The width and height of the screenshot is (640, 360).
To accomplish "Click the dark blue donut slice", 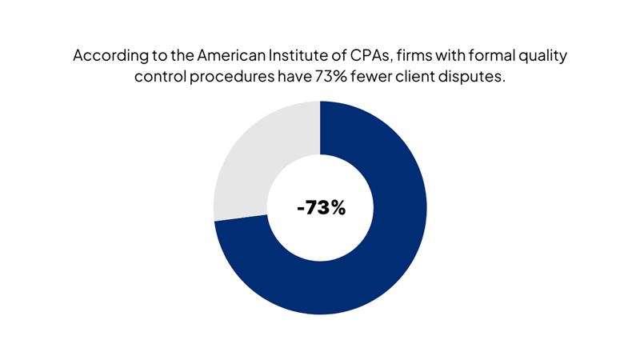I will pyautogui.click(x=376, y=264).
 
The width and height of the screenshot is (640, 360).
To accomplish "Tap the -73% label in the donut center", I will pyautogui.click(x=320, y=208).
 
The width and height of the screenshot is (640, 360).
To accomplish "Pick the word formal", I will pyautogui.click(x=496, y=57).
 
